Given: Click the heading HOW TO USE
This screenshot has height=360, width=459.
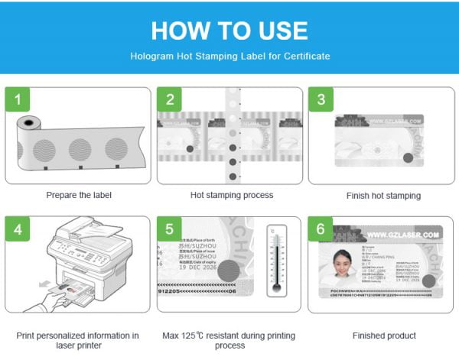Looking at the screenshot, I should click(x=229, y=30).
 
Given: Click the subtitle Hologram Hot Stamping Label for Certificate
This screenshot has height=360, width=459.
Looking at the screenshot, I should click(x=229, y=56).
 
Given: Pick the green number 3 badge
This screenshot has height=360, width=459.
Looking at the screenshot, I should click(x=321, y=99).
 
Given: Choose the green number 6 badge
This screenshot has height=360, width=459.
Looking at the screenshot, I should click(x=321, y=228).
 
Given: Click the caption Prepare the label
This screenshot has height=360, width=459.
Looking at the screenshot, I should click(x=78, y=195).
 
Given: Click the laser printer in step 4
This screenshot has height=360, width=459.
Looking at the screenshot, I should click(x=84, y=256).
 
